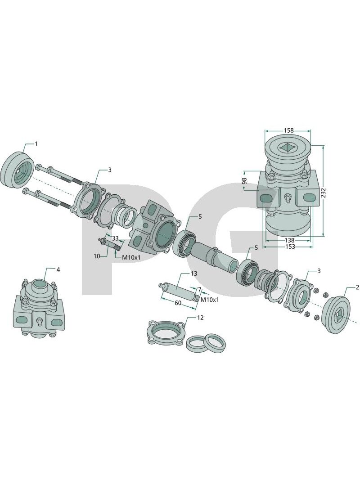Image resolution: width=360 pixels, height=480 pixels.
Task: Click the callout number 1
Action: coord(36,144)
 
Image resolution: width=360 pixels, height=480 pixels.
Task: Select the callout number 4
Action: coord(58,270)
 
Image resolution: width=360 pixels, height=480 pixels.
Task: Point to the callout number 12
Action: coord(200,318)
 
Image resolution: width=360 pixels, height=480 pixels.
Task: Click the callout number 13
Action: coord(194,274)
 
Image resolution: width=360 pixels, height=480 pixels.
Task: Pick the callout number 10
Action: coord(97,256)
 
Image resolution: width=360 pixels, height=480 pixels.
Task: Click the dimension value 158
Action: coord(288,131)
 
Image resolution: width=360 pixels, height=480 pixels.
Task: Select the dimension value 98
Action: coord(244,180)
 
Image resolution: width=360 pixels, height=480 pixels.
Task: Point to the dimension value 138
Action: coord(290,240)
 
